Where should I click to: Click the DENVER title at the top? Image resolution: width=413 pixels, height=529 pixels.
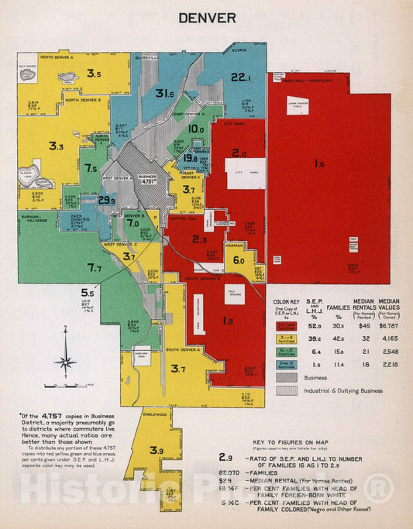(206, 16)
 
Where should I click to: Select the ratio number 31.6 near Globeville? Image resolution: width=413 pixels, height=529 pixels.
(163, 93)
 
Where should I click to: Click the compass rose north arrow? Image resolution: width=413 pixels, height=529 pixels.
(66, 358)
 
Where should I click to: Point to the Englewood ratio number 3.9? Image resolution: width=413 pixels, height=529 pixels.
(157, 451)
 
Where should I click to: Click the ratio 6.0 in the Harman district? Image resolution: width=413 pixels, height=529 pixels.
(239, 261)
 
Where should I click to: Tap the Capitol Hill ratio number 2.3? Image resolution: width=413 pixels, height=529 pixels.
(199, 239)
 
